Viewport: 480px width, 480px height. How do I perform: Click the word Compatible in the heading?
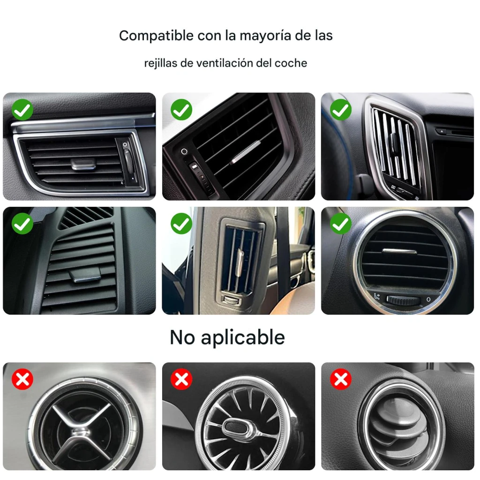pyautogui.click(x=156, y=36)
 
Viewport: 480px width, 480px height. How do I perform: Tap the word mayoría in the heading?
pyautogui.click(x=265, y=36)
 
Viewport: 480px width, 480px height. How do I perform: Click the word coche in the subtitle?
pyautogui.click(x=291, y=63)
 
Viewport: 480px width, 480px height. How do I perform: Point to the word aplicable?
pyautogui.click(x=243, y=338)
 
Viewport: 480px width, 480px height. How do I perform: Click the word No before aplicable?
pyautogui.click(x=182, y=337)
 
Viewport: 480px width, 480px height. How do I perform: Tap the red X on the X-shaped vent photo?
pyautogui.click(x=22, y=379)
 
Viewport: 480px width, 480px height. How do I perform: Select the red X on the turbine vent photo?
pyautogui.click(x=181, y=379)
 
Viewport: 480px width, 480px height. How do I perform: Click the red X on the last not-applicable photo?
pyautogui.click(x=341, y=379)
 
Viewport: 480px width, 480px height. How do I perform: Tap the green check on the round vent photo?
pyautogui.click(x=341, y=224)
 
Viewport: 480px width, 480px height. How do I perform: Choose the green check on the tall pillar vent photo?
pyautogui.click(x=181, y=224)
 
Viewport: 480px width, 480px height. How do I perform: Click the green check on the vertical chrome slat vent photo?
pyautogui.click(x=341, y=110)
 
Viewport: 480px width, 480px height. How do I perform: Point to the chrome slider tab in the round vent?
pyautogui.click(x=399, y=251)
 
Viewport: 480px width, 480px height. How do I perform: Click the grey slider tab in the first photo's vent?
pyautogui.click(x=83, y=164)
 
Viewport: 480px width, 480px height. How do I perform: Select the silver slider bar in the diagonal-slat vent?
pyautogui.click(x=245, y=152)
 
